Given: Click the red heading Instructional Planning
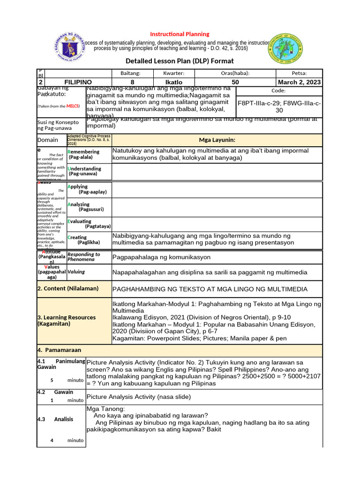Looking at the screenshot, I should (180, 34).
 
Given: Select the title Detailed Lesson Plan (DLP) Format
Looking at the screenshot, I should (180, 61).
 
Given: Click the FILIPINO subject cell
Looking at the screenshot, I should (78, 82).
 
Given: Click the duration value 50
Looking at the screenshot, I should (235, 82).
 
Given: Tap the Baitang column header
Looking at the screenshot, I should (131, 73).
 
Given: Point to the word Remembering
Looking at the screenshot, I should (84, 152).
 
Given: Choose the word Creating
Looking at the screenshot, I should (77, 237).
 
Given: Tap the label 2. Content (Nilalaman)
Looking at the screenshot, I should (68, 288).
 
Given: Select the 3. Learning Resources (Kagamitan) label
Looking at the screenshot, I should (66, 321).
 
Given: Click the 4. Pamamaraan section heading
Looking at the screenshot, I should (59, 350).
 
